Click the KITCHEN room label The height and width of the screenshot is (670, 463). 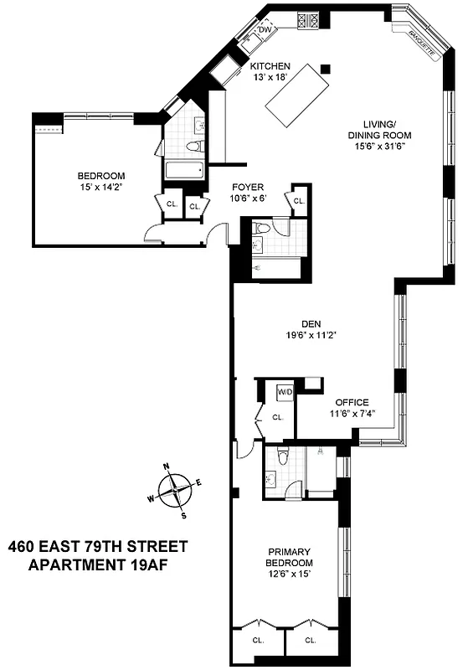[x=270, y=65]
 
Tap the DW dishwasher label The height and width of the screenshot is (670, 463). [x=265, y=30]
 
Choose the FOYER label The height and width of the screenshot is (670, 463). [x=248, y=188]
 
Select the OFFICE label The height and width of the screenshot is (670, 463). [x=352, y=402]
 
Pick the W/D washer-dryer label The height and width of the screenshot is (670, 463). [x=286, y=391]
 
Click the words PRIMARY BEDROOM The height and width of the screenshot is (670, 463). [x=290, y=557]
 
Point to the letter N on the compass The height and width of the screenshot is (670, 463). [x=167, y=467]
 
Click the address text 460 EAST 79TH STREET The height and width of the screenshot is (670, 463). [x=98, y=546]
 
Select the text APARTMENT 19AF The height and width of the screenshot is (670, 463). [x=98, y=565]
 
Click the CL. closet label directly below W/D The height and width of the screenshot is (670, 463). [x=276, y=416]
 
